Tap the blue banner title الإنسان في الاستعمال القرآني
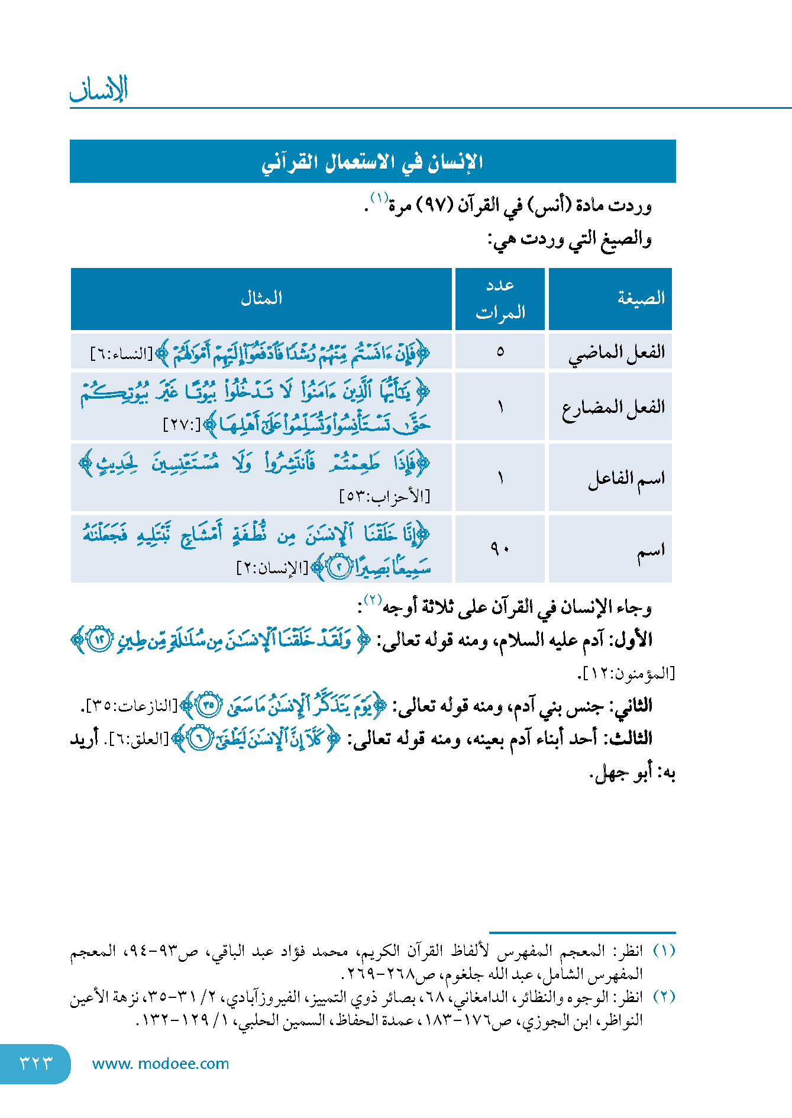tap(372, 161)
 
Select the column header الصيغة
tap(641, 298)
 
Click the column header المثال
tap(261, 298)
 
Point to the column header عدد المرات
tap(500, 299)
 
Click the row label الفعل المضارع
tap(613, 408)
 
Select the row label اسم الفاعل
tap(626, 479)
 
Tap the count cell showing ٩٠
tap(500, 550)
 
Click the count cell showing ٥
tap(500, 352)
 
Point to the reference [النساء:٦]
tap(121, 354)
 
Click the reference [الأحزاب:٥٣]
tap(384, 496)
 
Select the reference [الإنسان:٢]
tap(272, 568)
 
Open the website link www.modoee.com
tap(160, 1064)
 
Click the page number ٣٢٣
tap(35, 1063)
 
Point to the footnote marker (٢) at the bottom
tap(664, 996)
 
